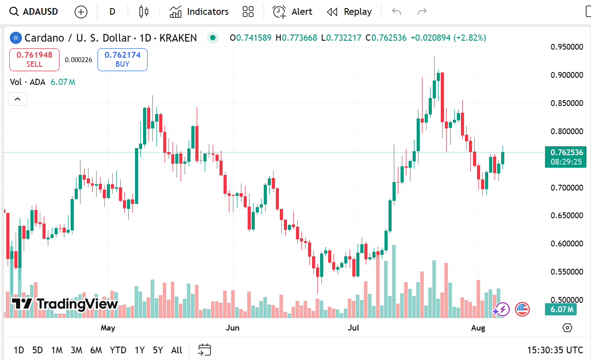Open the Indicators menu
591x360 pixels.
[x=199, y=12]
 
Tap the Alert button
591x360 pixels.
[x=293, y=12]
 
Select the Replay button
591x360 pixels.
[x=349, y=12]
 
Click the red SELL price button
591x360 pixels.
[x=34, y=59]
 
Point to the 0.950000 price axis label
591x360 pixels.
[x=567, y=47]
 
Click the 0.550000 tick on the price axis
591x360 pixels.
[x=567, y=272]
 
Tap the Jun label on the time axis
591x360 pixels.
[x=232, y=328]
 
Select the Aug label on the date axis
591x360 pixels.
[x=478, y=328]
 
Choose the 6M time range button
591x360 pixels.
[x=96, y=350]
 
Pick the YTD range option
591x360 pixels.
[x=118, y=350]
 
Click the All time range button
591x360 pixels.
[x=177, y=350]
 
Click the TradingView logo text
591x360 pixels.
[x=65, y=304]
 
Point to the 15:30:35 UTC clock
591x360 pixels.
[x=555, y=350]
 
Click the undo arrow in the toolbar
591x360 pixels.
[x=397, y=12]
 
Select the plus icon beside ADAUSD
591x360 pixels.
[x=81, y=12]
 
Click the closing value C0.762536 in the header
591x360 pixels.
[x=386, y=38]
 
